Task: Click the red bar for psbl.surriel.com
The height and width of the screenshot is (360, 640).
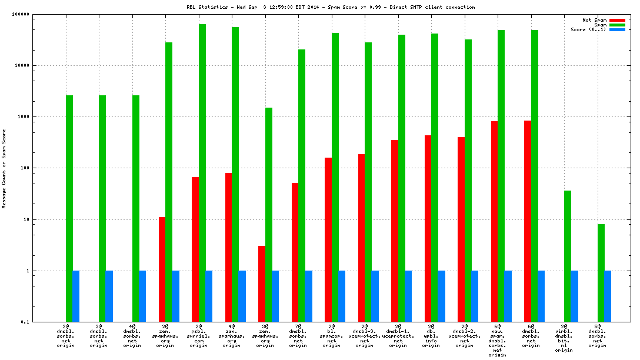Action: (195, 249)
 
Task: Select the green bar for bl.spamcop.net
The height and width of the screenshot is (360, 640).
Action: (335, 177)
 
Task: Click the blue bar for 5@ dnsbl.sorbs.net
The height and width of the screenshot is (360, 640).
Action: (608, 296)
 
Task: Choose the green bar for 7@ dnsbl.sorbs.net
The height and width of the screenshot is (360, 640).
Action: (302, 185)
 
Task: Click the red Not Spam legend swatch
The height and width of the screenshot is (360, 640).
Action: (617, 20)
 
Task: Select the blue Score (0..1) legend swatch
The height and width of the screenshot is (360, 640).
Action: (617, 29)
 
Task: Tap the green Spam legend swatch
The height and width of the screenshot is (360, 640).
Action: (617, 25)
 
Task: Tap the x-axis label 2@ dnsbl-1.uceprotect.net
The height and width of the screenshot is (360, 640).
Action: (398, 336)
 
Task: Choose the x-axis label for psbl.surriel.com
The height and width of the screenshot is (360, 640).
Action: (198, 336)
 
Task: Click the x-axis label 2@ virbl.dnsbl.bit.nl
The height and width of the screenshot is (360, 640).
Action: (564, 338)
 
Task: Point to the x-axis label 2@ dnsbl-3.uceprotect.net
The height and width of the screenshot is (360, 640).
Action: (365, 336)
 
